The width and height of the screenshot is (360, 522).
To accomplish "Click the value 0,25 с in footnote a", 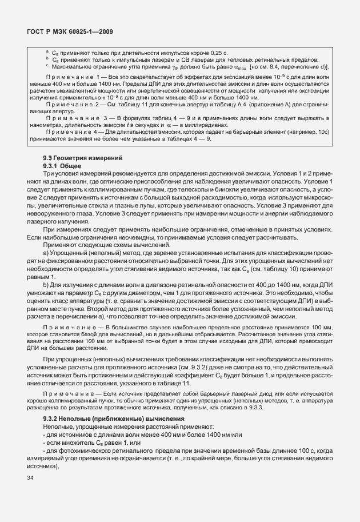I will click(220, 52).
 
